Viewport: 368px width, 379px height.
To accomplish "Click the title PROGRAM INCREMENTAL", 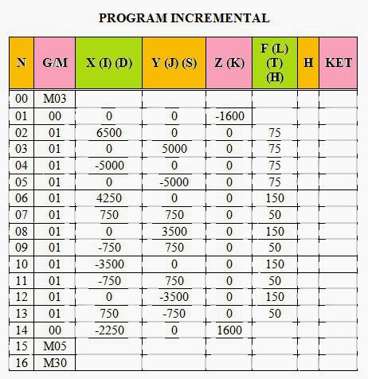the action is (183, 17).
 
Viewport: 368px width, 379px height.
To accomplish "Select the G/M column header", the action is (54, 61).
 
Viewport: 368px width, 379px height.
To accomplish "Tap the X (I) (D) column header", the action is (108, 61).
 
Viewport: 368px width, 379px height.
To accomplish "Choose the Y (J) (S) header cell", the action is (174, 61).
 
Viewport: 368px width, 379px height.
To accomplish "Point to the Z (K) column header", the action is (229, 61).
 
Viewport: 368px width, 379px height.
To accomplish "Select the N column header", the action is (22, 61).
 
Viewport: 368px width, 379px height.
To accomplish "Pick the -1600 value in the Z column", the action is (229, 117).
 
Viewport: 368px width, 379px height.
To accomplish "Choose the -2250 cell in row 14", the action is (108, 330).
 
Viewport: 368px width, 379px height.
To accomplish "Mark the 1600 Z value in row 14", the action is (229, 330).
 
